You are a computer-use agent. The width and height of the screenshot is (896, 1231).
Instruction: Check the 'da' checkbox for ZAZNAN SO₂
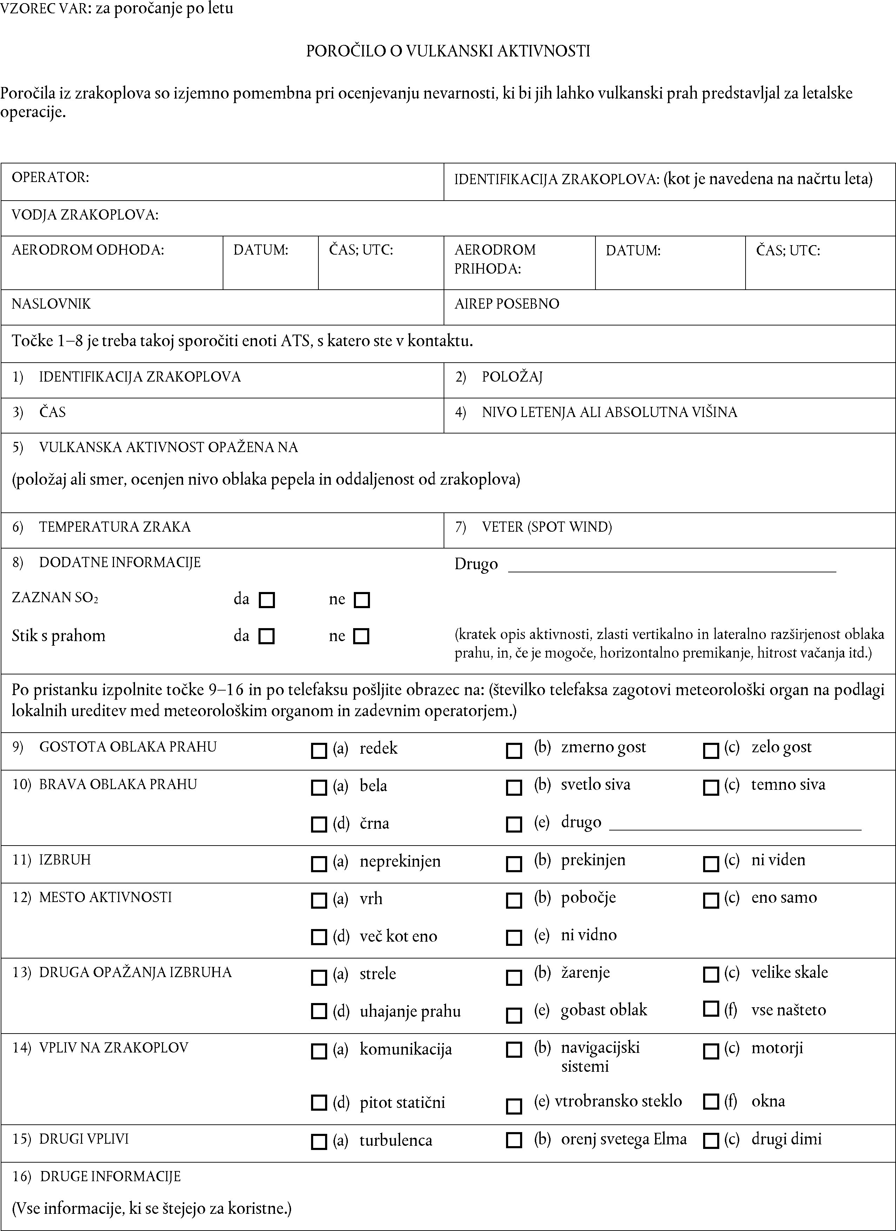point(267,600)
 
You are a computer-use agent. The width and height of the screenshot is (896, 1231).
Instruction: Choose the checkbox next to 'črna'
point(318,825)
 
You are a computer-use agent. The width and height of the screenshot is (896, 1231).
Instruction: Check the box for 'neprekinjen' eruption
point(318,863)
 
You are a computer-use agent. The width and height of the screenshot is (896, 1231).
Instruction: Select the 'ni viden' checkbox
point(710,863)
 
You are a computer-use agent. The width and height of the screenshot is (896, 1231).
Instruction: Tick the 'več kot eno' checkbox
point(318,937)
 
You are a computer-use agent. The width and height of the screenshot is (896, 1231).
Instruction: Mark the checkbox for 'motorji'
point(710,1051)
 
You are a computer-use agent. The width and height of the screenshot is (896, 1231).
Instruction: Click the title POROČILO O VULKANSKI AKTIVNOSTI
point(448,51)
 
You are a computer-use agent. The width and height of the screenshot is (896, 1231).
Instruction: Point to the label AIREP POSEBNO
point(506,304)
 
